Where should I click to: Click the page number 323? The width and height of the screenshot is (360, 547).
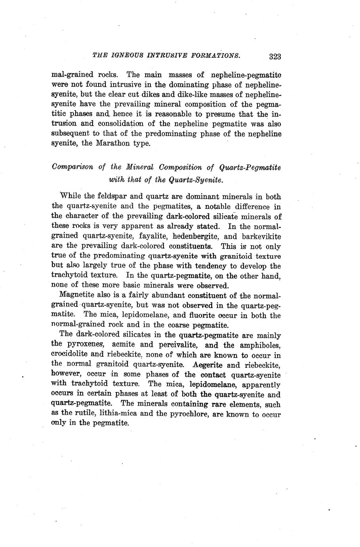274,56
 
